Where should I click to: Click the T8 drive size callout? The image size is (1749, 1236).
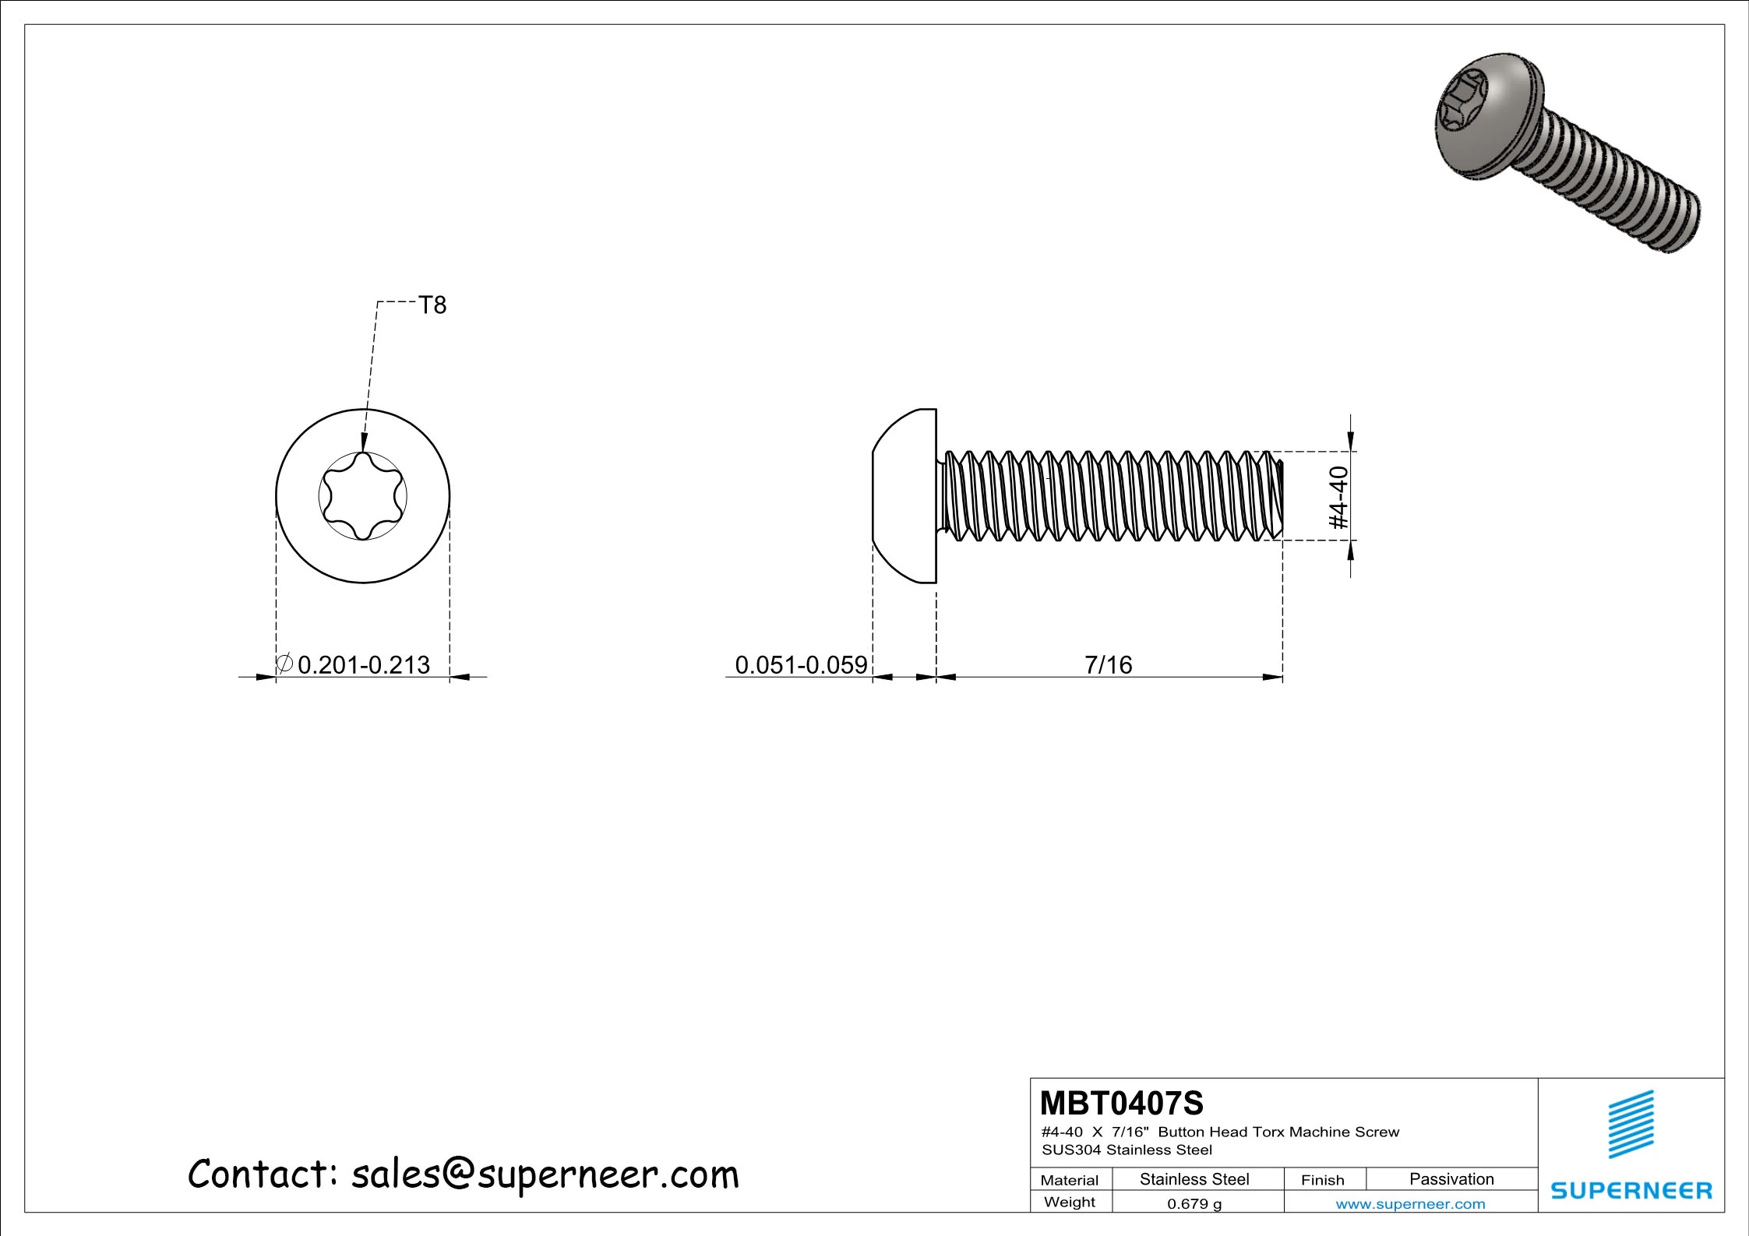(432, 305)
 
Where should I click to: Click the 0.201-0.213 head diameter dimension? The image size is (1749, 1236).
(363, 665)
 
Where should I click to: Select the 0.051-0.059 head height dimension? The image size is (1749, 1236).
(800, 665)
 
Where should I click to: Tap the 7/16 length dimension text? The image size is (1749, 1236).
(1108, 665)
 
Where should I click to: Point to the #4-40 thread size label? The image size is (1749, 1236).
(1338, 497)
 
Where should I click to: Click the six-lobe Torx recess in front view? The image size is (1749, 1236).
(363, 496)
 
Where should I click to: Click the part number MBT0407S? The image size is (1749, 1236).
(1121, 1104)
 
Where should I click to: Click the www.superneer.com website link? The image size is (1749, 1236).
(1410, 1204)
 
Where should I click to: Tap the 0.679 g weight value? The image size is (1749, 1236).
(1194, 1204)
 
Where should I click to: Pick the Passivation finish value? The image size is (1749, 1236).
(1451, 1179)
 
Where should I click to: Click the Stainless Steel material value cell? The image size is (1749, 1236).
(1194, 1179)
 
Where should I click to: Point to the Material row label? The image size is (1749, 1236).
(1069, 1180)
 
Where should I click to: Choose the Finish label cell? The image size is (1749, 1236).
(1322, 1180)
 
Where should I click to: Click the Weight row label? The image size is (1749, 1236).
(1069, 1203)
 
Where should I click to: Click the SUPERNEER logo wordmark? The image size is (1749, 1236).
(1631, 1191)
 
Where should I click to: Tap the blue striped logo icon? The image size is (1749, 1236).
(1631, 1124)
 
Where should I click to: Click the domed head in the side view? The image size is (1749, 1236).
(904, 496)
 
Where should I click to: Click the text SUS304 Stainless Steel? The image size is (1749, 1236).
(1127, 1150)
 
